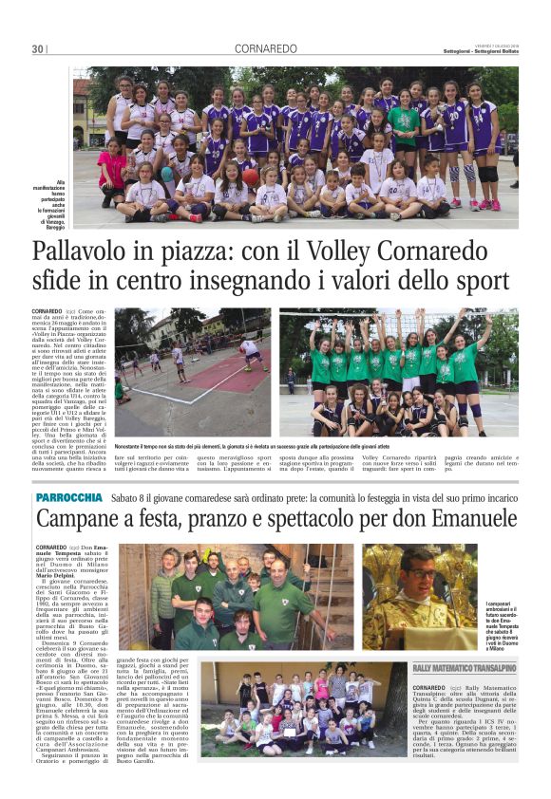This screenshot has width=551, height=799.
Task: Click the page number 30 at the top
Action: click(37, 48)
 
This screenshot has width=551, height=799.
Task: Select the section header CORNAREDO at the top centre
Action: click(265, 48)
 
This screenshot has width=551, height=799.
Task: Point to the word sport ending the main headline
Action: click(480, 283)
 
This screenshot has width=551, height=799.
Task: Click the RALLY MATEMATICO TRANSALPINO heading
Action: click(465, 666)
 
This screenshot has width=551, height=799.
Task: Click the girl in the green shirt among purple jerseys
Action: click(403, 128)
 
